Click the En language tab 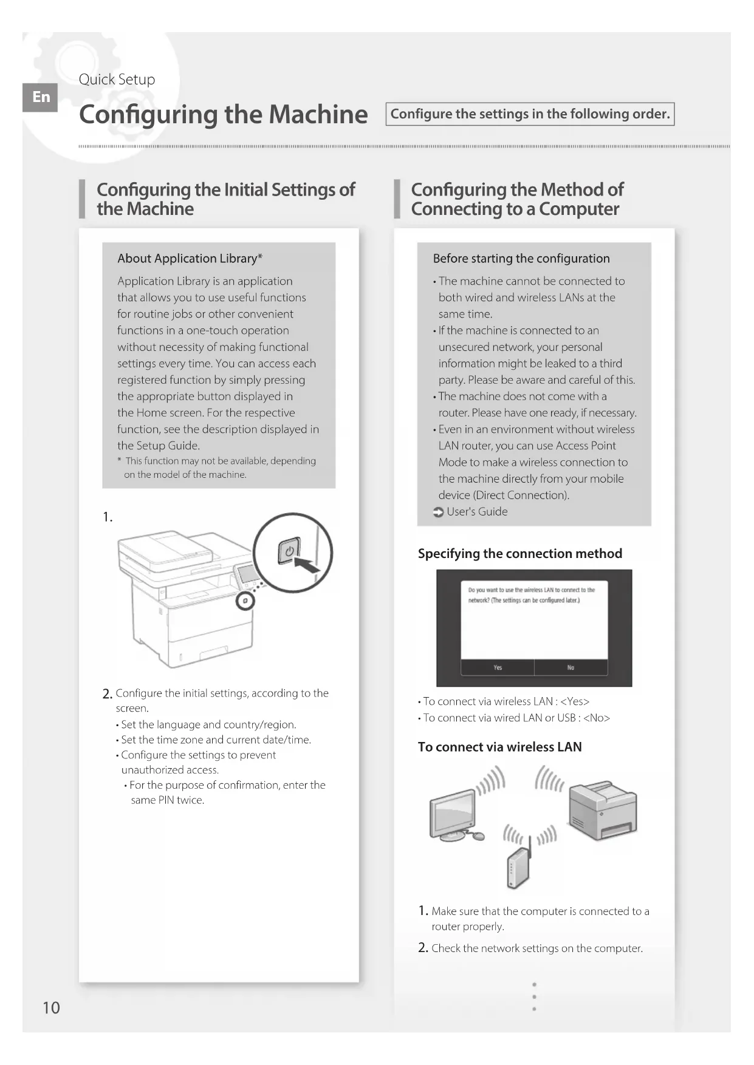40,97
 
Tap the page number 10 51,1008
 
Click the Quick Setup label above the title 117,80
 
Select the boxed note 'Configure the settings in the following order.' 530,114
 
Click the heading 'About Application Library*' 190,259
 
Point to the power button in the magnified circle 289,551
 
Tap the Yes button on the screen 498,667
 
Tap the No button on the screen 571,667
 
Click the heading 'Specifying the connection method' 519,554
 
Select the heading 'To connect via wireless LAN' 499,747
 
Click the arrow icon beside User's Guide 438,512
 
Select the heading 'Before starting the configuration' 521,259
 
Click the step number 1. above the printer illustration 108,517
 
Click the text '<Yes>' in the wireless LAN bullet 574,702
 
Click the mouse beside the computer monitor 479,836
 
